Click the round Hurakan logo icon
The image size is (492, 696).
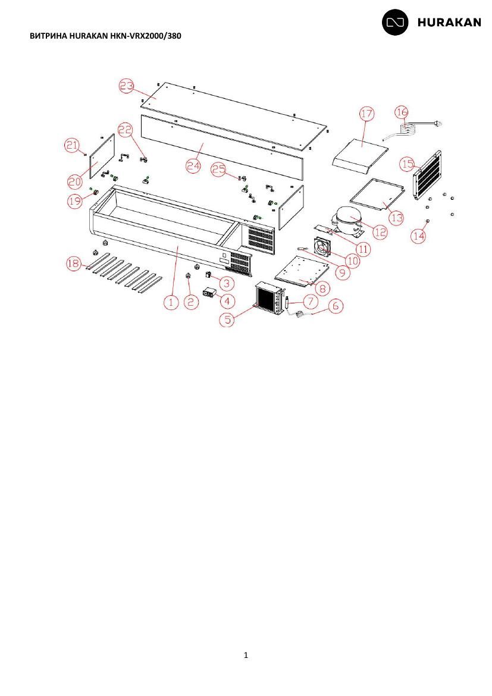pos(395,22)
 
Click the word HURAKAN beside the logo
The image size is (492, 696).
pos(449,23)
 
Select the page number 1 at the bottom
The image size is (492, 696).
pos(246,655)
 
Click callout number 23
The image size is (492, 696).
pos(127,86)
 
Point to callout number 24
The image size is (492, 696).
pos(193,166)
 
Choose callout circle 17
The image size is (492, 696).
pos(367,114)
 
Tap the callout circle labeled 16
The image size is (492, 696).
pos(402,112)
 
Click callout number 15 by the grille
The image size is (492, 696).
pos(408,164)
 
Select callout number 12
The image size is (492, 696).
pos(381,232)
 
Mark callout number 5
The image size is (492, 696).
pos(227,319)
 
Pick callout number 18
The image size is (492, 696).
pos(74,264)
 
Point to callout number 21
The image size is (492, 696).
pos(72,145)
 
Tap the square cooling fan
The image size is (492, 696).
pos(323,247)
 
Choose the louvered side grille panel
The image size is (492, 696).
pos(427,175)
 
